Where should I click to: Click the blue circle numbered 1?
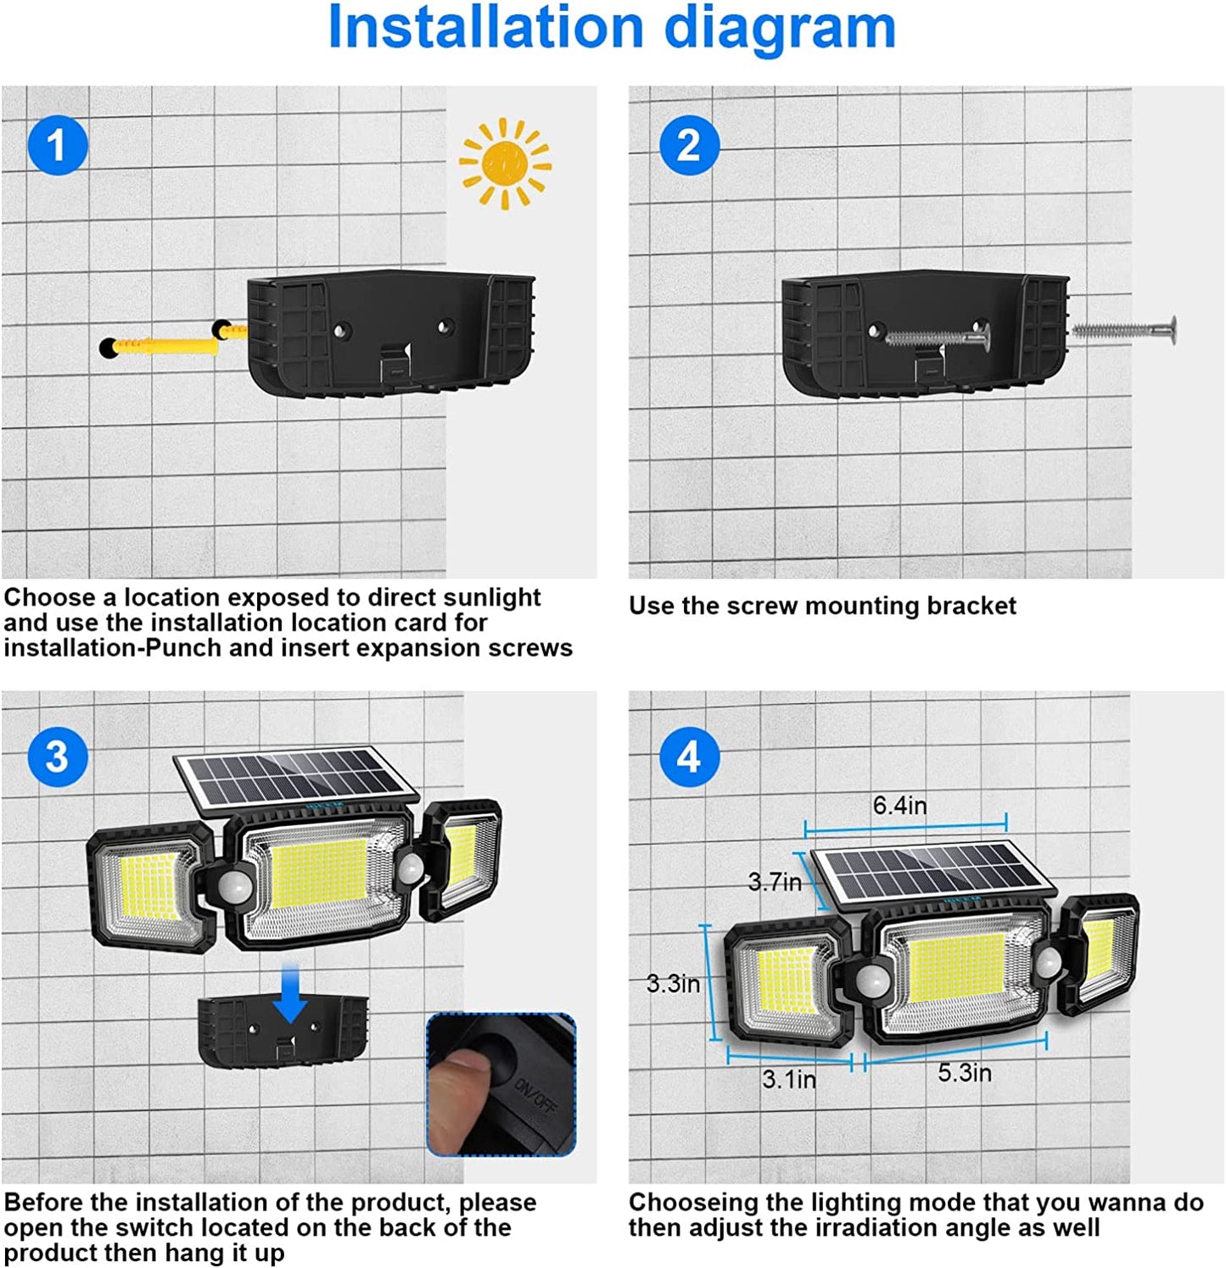(x=58, y=145)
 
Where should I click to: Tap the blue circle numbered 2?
(x=689, y=145)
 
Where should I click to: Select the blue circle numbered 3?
(x=58, y=756)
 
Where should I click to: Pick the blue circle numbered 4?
(x=689, y=756)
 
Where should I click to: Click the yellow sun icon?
(x=505, y=164)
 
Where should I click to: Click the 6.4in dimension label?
(x=899, y=805)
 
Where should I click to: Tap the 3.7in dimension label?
(x=775, y=882)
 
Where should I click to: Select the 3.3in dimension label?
(x=673, y=984)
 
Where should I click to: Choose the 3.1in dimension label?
(x=788, y=1080)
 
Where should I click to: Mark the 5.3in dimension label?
(x=965, y=1073)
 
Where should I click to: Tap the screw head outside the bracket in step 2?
(x=1172, y=331)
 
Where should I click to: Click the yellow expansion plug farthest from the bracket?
(x=161, y=346)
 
